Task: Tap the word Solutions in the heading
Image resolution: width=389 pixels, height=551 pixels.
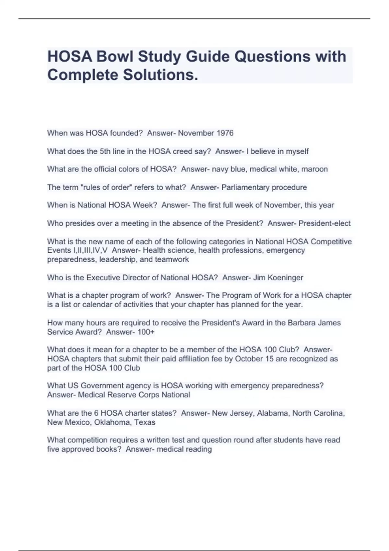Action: click(160, 75)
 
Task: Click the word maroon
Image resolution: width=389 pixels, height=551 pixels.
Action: click(314, 169)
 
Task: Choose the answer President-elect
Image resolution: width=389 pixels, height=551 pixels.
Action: click(324, 223)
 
